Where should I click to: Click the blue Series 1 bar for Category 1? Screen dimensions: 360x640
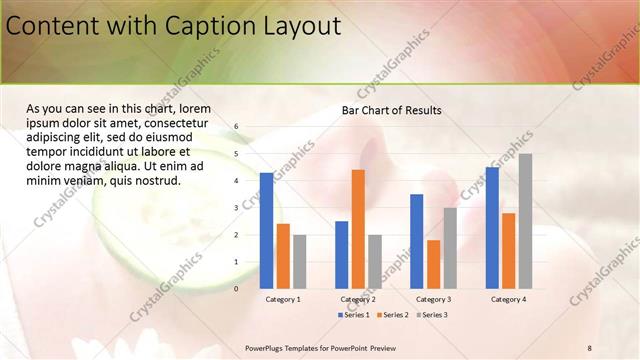(266, 231)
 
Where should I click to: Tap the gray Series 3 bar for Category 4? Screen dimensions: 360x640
(525, 221)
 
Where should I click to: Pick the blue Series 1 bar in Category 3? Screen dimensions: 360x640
(416, 241)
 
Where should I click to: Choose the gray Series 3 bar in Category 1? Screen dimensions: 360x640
(300, 261)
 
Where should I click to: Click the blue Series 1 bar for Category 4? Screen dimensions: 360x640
(491, 227)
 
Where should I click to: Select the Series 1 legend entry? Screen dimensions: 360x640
(353, 315)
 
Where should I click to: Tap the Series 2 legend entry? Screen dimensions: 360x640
(391, 315)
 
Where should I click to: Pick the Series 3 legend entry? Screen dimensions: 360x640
(430, 315)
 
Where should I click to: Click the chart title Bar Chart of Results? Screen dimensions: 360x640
(391, 110)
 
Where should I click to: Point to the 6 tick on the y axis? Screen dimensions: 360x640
(237, 127)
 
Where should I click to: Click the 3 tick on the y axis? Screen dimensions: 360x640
(237, 208)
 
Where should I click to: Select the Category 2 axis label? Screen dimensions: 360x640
(358, 299)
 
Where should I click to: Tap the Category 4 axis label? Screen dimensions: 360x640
(508, 299)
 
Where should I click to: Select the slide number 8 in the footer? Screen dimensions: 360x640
(590, 346)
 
